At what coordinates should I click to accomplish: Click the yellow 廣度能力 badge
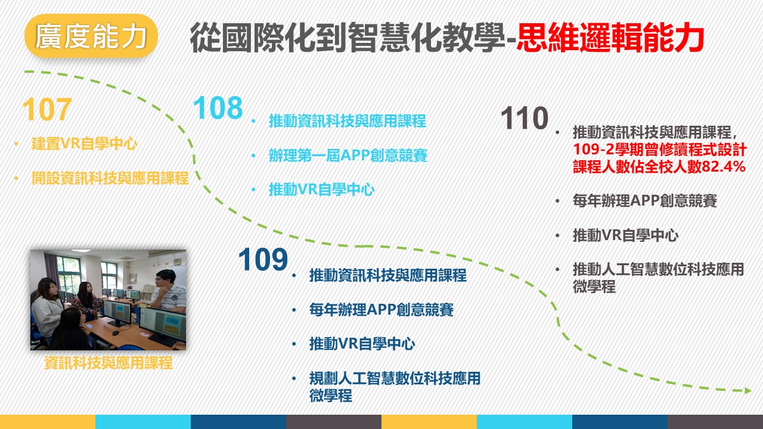click(91, 35)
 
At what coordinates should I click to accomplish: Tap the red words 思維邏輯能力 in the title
click(610, 38)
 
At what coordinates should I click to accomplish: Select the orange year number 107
click(47, 109)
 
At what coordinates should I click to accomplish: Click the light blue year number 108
click(218, 108)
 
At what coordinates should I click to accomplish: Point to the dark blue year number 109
click(263, 259)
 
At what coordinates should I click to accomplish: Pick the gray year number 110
click(525, 118)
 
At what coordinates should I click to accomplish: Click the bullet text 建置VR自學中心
click(84, 144)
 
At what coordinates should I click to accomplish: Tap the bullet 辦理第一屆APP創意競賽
click(348, 156)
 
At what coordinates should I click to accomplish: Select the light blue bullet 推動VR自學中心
click(321, 189)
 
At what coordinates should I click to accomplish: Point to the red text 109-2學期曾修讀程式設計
click(660, 150)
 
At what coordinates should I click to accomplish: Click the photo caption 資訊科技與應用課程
click(108, 363)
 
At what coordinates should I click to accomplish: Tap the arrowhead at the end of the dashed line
click(748, 390)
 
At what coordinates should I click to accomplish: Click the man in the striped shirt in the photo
click(169, 291)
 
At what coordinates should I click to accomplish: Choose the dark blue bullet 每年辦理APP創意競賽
click(381, 310)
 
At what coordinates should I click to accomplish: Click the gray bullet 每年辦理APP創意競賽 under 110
click(645, 201)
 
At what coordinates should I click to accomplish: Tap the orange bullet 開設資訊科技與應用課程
click(110, 178)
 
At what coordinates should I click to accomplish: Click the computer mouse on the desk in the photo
click(116, 332)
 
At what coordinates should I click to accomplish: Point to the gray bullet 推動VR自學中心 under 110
click(626, 235)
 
